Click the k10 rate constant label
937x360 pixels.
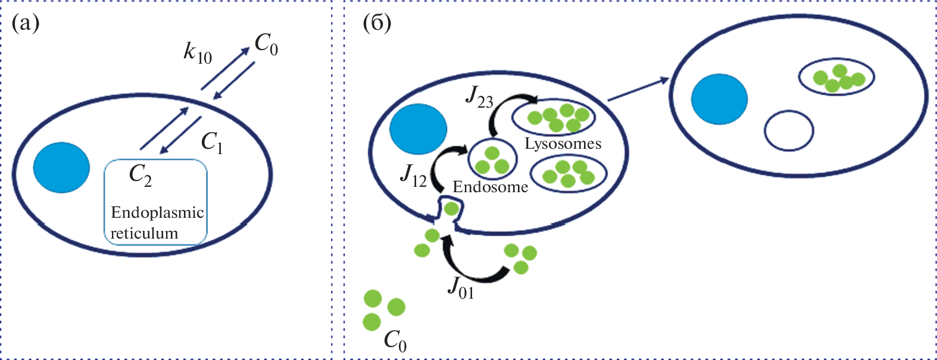(198, 54)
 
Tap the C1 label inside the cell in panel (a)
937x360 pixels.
(212, 143)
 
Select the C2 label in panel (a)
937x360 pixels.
(140, 176)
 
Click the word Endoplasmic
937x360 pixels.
(158, 213)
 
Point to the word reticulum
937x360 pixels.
(144, 233)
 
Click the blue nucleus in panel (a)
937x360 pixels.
(61, 167)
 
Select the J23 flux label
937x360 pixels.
(479, 97)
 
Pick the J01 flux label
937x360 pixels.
(461, 288)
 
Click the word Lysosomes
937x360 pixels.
(563, 144)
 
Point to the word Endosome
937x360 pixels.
(490, 187)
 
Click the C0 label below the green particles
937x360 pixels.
(395, 341)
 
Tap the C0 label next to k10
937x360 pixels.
(266, 45)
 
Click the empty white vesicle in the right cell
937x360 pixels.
(789, 132)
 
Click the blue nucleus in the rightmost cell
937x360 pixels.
(720, 99)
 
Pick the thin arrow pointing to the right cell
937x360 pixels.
(639, 90)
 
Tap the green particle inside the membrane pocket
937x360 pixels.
(451, 209)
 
